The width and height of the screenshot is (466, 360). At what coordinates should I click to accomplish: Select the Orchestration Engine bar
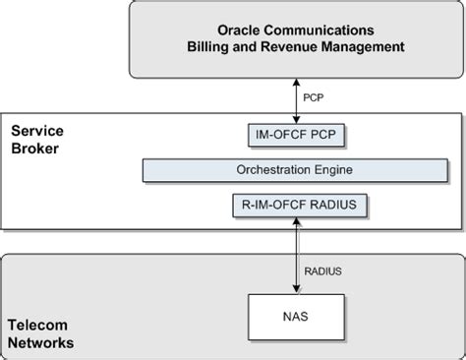point(294,169)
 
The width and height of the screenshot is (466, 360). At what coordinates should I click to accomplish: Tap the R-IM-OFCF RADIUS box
point(294,205)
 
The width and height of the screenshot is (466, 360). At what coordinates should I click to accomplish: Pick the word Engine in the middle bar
point(332,169)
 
